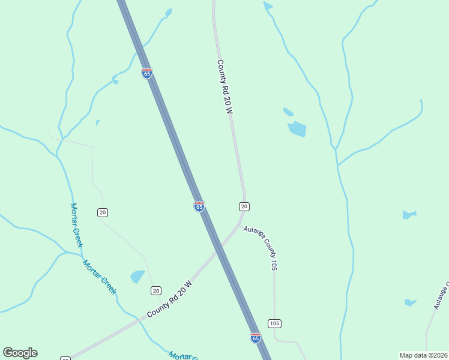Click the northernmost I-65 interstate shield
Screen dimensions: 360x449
(x=147, y=73)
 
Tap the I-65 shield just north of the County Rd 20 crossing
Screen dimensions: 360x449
(x=199, y=206)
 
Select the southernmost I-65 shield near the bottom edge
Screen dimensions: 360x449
(x=256, y=337)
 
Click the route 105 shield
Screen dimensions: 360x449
(x=275, y=323)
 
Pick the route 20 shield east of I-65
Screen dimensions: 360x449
(x=244, y=206)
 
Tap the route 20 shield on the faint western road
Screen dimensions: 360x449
(x=103, y=212)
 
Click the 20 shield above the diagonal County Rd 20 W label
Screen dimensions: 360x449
(x=156, y=291)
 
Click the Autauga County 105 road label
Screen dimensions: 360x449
(x=262, y=247)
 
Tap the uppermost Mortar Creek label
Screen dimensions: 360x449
(x=76, y=225)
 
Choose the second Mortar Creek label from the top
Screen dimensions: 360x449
(x=99, y=277)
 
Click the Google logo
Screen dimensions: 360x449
(x=20, y=353)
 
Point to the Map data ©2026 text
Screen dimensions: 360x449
(x=423, y=355)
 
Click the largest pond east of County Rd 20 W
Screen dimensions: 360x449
(x=297, y=129)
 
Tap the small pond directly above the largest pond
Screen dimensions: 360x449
(x=288, y=112)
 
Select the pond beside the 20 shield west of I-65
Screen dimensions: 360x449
(x=138, y=277)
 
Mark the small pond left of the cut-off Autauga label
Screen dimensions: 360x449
(x=411, y=302)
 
